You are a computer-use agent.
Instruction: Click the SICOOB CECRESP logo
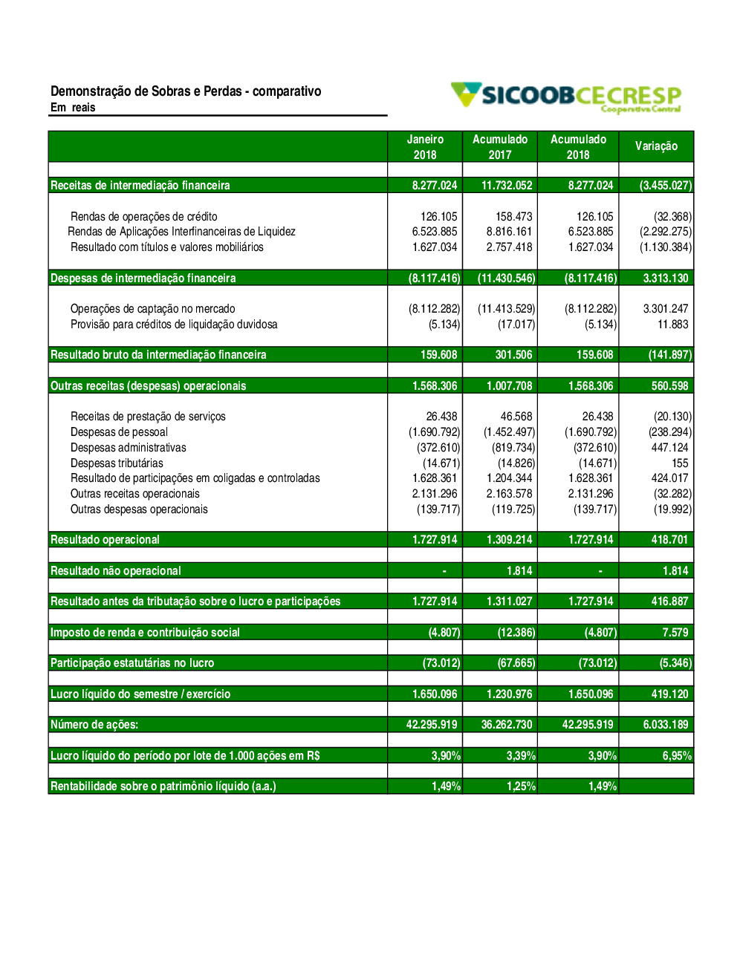pos(566,97)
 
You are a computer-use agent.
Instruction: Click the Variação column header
pos(656,146)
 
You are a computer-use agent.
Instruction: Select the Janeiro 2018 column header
pos(425,147)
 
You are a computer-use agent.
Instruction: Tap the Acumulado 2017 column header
pos(500,147)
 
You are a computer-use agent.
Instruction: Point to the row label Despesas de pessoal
pos(119,432)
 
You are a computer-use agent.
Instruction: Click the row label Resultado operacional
pos(105,540)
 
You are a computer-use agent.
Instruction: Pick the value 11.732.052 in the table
pos(507,186)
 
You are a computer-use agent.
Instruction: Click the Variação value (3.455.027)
pos(665,186)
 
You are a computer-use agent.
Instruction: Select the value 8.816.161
pos(509,232)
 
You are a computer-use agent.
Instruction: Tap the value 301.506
pos(513,355)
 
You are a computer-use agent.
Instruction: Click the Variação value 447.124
pos(669,448)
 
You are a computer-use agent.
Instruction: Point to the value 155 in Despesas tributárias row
pos(680,463)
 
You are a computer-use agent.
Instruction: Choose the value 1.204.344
pos(509,478)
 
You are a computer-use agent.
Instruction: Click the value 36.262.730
pos(507,725)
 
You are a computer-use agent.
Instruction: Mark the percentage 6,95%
pos(677,756)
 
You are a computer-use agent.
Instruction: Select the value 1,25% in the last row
pos(521,786)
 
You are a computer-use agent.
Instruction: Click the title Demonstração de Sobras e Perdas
pos(186,91)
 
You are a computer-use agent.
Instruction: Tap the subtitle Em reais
pos(73,108)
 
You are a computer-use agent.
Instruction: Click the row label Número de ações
pos(94,725)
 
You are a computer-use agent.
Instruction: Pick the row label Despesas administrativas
pos(128,448)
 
